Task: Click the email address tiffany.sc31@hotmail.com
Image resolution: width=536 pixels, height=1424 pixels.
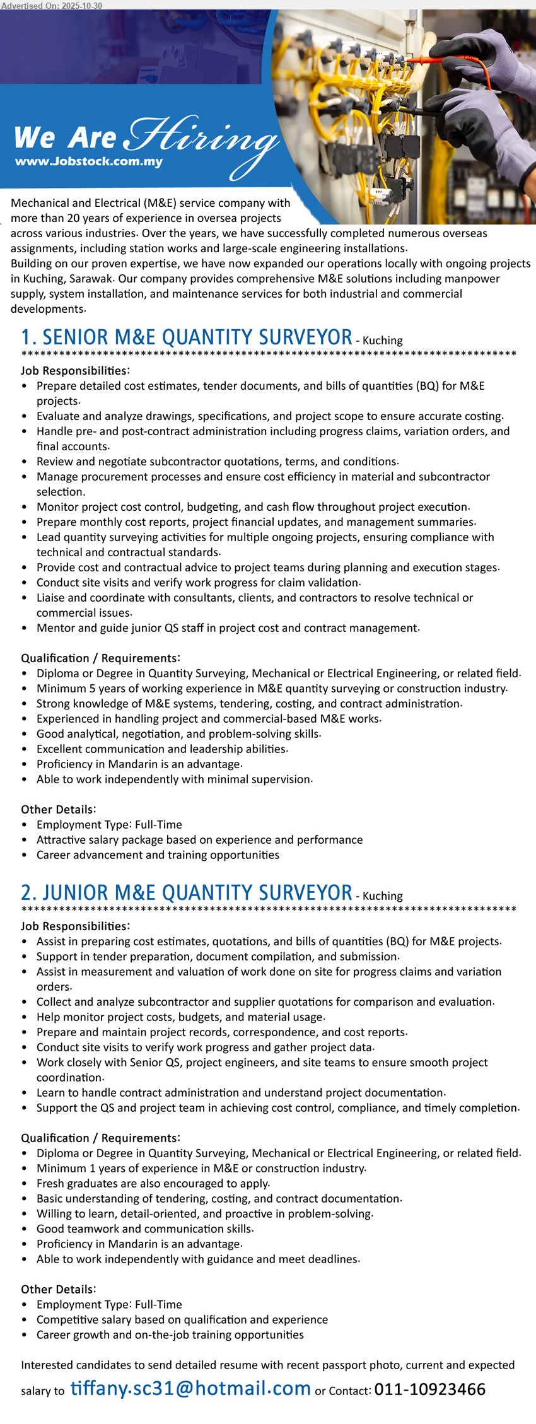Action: point(190,1388)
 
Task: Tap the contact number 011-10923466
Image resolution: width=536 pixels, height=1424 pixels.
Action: point(429,1389)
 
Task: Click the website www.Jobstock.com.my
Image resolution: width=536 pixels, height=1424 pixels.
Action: point(89,161)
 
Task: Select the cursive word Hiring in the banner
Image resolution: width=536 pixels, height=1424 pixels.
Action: point(203,139)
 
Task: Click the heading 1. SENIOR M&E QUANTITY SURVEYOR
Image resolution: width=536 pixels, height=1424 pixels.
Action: point(187,337)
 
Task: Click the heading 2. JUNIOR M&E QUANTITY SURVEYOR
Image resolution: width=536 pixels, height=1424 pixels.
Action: point(187,893)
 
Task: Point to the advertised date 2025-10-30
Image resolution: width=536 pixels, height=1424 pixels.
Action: point(76,6)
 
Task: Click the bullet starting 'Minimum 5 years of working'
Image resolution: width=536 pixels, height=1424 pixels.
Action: point(271,689)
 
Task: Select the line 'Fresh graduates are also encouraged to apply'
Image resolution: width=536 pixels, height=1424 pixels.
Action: point(153,1184)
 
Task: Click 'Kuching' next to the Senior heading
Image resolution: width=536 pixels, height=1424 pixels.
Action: point(383,341)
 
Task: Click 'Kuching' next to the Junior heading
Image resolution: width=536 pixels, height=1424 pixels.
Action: point(383,896)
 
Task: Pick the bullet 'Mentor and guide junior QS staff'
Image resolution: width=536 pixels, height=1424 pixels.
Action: point(228,628)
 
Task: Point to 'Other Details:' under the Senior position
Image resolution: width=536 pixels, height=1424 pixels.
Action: point(58,810)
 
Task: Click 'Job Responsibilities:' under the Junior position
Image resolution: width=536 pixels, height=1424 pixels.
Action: point(75,926)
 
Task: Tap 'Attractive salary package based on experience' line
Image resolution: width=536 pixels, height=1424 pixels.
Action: point(199,840)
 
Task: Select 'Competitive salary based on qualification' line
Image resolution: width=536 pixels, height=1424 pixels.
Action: point(182,1320)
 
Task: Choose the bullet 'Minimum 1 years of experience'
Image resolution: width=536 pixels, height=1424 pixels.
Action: point(201,1169)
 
